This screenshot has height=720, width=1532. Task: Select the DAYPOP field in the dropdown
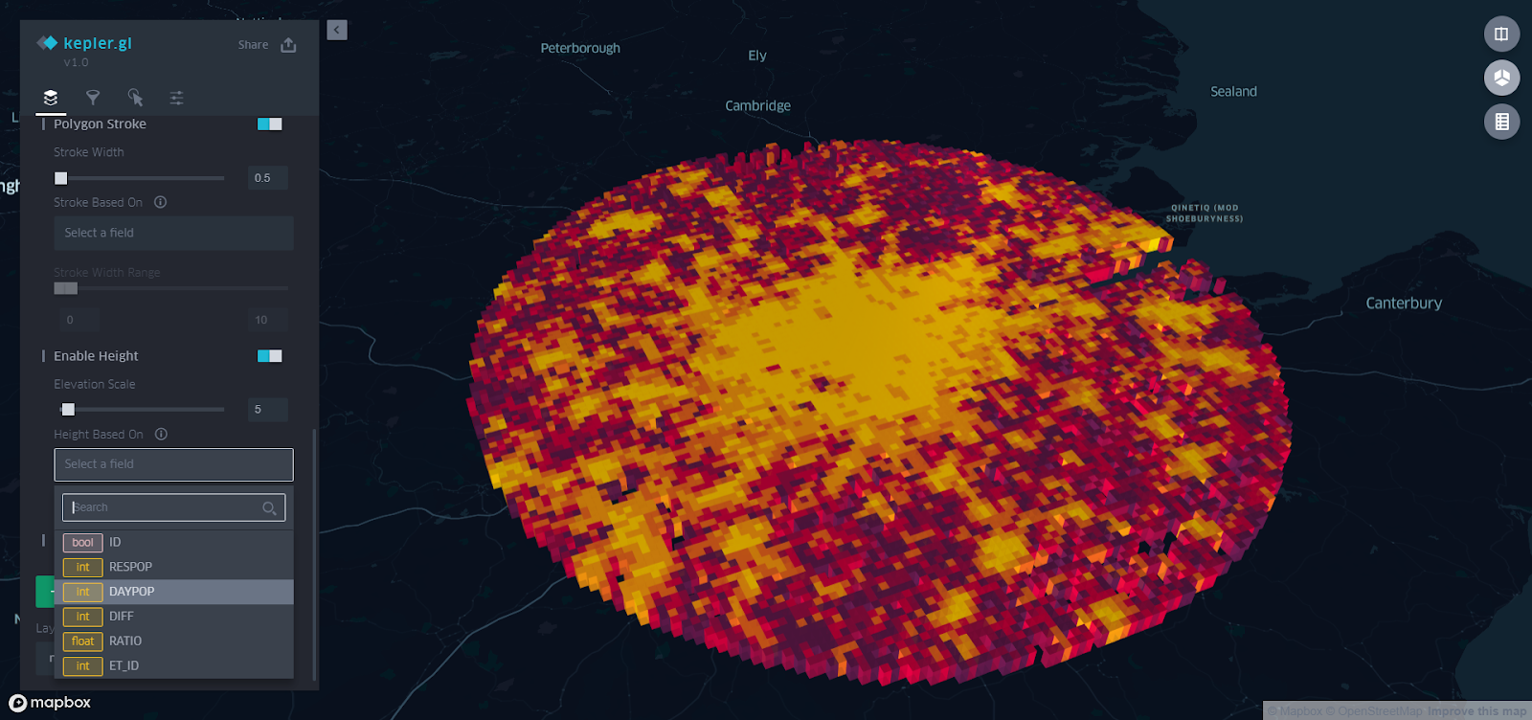[131, 592]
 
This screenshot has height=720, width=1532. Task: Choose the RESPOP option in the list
[130, 567]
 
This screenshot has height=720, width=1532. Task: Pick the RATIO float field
[125, 641]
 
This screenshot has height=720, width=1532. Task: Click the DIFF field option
[122, 617]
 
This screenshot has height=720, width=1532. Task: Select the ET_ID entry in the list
[124, 666]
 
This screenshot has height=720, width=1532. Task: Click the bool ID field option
[115, 542]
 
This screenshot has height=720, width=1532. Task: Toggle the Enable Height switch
[269, 356]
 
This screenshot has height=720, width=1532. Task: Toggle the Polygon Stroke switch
[269, 124]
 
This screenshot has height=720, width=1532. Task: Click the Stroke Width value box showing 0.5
[267, 178]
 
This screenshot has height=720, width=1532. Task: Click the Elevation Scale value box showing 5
[267, 410]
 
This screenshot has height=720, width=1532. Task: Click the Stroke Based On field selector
[173, 233]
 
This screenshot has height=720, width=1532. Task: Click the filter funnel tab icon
[93, 98]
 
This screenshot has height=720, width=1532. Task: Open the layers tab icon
[51, 98]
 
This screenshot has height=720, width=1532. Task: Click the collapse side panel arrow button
[337, 31]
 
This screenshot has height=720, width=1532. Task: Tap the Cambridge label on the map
[757, 105]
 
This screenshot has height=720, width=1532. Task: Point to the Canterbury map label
[1403, 304]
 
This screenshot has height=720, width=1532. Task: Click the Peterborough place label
[580, 48]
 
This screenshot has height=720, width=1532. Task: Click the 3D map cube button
[1501, 78]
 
